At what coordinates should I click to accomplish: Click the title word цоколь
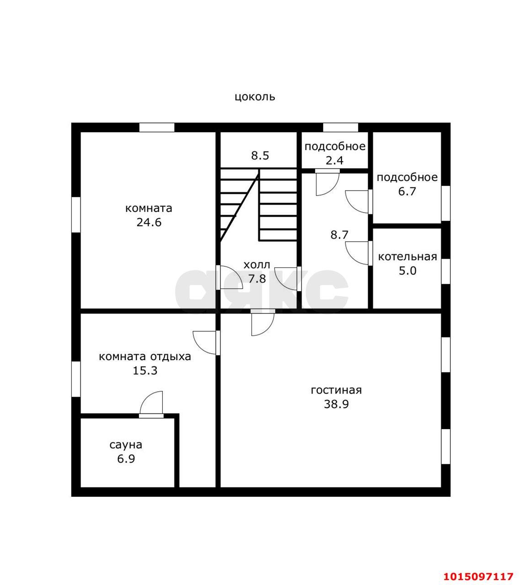tap(255, 97)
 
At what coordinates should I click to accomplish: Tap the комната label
tap(149, 208)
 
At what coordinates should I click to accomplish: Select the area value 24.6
tap(149, 222)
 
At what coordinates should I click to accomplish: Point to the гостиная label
tap(336, 390)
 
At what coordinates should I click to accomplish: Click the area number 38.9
tap(336, 404)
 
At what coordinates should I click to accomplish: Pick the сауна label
tap(126, 445)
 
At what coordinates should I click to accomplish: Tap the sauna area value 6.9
tap(126, 459)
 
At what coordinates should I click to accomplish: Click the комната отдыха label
tap(145, 356)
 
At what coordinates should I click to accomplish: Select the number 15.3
tap(145, 371)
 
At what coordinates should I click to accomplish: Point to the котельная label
tap(407, 257)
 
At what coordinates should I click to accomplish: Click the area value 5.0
tap(407, 271)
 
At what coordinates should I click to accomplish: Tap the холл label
tap(257, 265)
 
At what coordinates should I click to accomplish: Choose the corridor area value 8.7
tap(339, 235)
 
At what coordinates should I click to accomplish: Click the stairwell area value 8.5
tap(260, 156)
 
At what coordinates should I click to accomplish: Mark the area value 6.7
tap(407, 191)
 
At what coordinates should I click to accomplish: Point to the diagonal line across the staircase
tap(240, 206)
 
